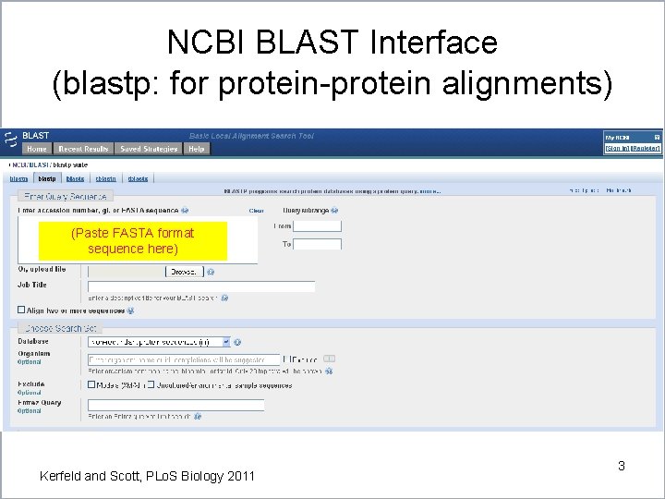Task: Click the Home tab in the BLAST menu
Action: point(37,149)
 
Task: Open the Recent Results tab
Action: point(83,149)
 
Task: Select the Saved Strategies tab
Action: point(148,149)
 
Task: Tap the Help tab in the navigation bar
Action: point(196,149)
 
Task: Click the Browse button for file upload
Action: point(185,272)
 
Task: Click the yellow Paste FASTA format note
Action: point(133,241)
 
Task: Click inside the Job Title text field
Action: point(200,286)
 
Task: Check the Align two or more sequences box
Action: point(22,310)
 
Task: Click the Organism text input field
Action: point(183,359)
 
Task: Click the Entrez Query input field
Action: point(175,405)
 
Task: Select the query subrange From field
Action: point(317,225)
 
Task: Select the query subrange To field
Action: point(317,245)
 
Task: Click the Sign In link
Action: point(617,148)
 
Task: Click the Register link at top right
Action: point(646,148)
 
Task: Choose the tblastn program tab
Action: point(106,177)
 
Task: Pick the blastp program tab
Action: point(47,177)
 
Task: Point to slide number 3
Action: point(621,466)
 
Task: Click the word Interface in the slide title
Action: point(433,42)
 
